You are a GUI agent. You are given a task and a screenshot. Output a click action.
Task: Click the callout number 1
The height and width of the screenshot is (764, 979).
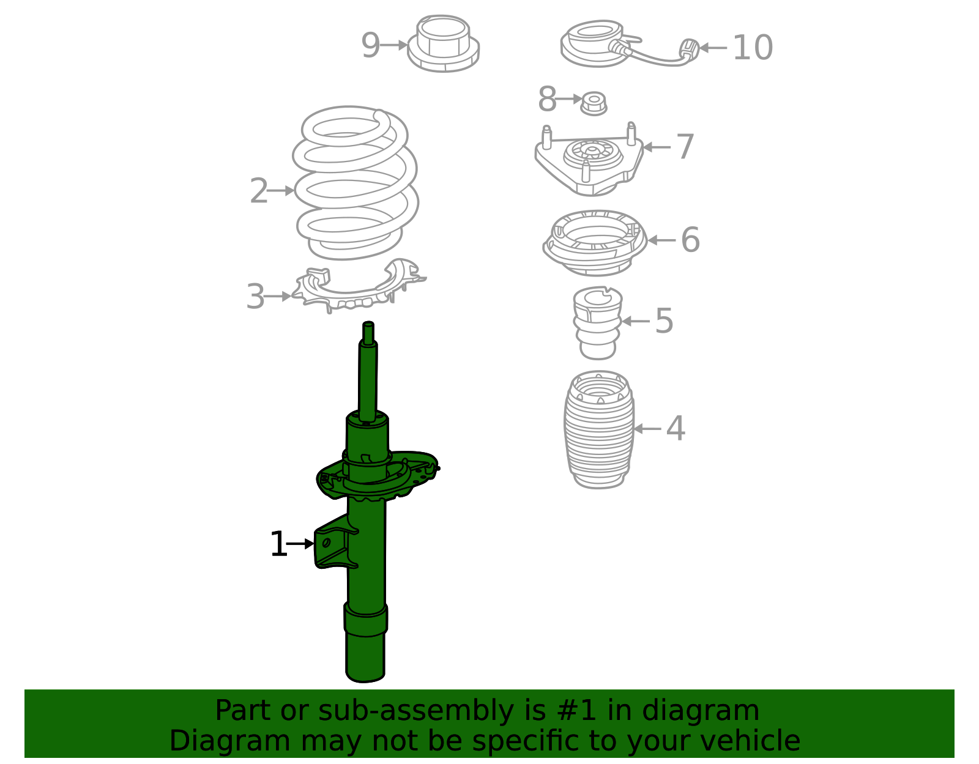pos(278,544)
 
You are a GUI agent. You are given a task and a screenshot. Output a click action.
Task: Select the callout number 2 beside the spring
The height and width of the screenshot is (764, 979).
pos(259,190)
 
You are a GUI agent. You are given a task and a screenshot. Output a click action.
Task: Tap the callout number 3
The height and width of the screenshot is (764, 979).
pos(255,296)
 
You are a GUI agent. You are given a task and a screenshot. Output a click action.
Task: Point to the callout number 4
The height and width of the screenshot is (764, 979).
pos(676,428)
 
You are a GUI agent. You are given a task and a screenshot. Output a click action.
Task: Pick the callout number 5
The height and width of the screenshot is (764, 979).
pos(664,321)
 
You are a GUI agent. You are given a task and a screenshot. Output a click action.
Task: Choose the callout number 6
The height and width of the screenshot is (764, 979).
pos(691,240)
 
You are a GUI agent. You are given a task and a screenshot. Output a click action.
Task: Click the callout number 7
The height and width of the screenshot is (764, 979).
pos(685,146)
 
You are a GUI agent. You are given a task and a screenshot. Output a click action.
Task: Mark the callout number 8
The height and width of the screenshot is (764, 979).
pos(548,98)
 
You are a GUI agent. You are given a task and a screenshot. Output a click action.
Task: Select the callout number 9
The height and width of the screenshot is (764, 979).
pos(370,45)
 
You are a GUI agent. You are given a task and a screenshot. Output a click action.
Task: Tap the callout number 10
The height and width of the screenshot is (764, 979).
pos(753,47)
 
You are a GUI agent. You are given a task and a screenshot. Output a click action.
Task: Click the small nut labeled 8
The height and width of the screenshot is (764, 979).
pos(594,104)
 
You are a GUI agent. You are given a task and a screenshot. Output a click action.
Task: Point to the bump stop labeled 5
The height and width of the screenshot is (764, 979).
pos(598,323)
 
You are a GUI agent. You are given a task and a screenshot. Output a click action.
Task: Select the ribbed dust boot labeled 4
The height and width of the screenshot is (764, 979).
pos(599,429)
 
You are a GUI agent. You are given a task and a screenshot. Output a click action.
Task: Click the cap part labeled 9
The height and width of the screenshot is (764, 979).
pos(444,43)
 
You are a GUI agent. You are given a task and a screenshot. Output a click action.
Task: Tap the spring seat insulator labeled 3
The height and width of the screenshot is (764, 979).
pos(359,286)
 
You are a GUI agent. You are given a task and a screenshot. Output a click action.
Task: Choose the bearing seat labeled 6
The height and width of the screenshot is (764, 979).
pos(595,243)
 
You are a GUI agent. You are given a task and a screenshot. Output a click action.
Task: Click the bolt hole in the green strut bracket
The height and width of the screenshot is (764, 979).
pos(326,543)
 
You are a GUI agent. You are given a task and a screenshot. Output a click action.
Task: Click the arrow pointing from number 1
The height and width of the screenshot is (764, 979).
pos(300,544)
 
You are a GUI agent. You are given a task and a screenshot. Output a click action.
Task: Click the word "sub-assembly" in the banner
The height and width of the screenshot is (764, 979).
pos(416,711)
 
